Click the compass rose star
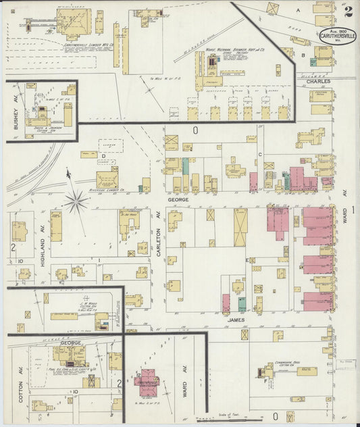pyautogui.click(x=76, y=200)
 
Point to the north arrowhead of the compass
pyautogui.click(x=68, y=174)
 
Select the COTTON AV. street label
pyautogui.click(x=22, y=390)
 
